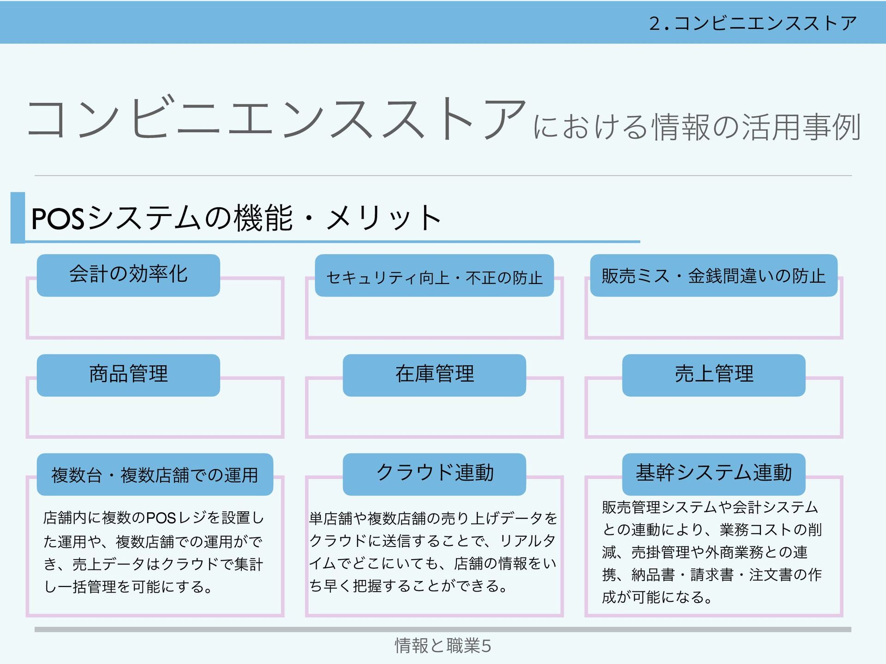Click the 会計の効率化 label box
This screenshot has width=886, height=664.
point(128,275)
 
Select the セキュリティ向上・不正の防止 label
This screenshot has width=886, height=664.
point(434,276)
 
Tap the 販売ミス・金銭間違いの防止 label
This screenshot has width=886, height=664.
point(713,276)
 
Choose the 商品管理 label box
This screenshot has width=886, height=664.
point(128,375)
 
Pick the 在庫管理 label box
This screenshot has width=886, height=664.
point(434,375)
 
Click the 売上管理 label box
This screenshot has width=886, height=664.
point(713,375)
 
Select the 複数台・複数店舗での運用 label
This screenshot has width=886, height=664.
point(155,474)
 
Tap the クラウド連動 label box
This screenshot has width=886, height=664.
point(434,474)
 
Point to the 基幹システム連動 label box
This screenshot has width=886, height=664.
point(713,474)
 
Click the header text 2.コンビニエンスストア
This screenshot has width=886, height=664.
point(753,23)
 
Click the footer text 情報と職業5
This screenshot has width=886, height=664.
point(443,646)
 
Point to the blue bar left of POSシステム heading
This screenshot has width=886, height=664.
point(18,218)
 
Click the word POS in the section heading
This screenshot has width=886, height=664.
point(58,219)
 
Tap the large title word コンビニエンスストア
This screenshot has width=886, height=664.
point(277,119)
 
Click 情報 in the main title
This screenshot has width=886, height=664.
point(681,127)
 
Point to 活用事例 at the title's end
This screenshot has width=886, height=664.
point(801,127)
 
